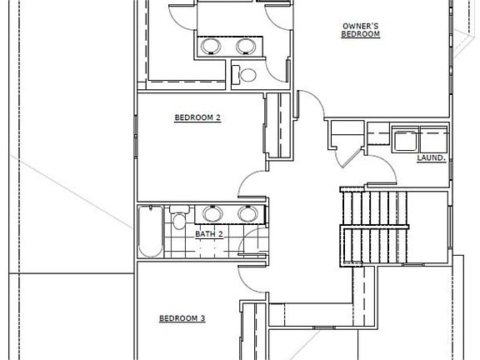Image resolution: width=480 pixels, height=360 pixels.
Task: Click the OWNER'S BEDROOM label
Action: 361,30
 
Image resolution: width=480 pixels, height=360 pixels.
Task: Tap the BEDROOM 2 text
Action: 197,117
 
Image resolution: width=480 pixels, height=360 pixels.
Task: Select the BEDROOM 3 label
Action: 182,318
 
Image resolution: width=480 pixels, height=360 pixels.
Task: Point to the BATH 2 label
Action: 209,234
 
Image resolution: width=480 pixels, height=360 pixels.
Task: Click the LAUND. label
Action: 431,157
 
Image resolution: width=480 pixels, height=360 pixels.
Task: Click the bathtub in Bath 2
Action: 151,231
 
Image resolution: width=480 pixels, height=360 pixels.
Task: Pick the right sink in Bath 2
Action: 247,213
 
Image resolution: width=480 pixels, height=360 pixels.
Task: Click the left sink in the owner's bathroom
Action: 211,45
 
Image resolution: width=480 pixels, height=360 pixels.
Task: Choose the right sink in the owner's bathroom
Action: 246,45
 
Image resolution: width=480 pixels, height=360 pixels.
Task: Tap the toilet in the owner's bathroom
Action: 246,74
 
